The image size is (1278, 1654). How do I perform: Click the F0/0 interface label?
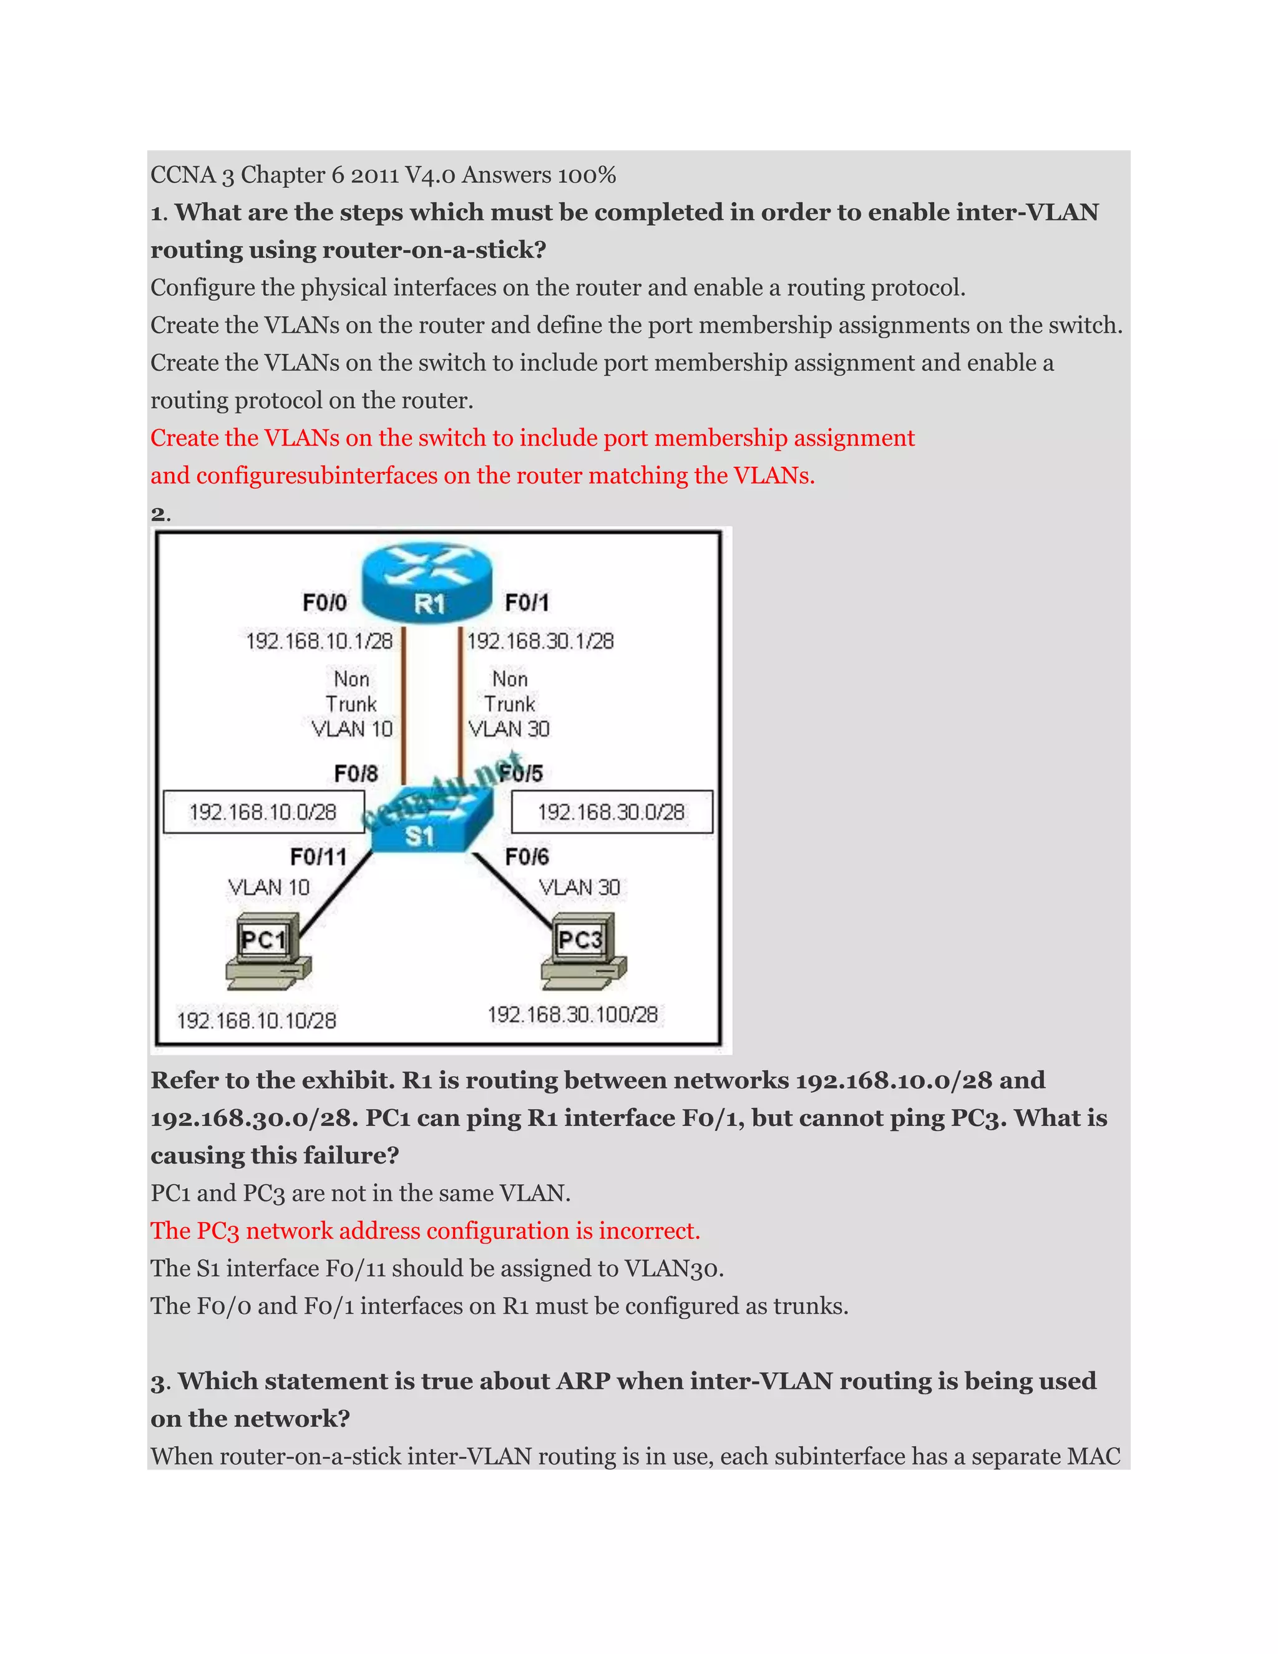click(x=324, y=603)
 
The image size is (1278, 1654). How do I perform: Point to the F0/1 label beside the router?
click(x=527, y=603)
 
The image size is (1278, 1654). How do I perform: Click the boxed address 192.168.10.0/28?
click(x=263, y=813)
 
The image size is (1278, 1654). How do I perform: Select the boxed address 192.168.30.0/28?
click(x=611, y=813)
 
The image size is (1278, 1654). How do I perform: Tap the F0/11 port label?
click(x=319, y=858)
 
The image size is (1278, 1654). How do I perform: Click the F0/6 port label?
click(x=527, y=858)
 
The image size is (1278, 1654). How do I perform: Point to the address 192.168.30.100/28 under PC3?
click(x=573, y=1015)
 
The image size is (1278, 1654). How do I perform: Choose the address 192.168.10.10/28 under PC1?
click(x=256, y=1021)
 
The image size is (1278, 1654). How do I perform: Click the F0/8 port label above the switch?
click(x=356, y=774)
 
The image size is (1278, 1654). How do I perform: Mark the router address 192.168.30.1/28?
click(x=540, y=642)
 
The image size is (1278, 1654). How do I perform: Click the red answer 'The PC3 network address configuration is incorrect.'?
click(x=425, y=1231)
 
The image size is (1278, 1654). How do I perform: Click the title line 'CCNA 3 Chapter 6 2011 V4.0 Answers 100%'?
click(x=383, y=175)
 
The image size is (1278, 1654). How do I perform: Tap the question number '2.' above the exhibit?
click(x=160, y=514)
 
